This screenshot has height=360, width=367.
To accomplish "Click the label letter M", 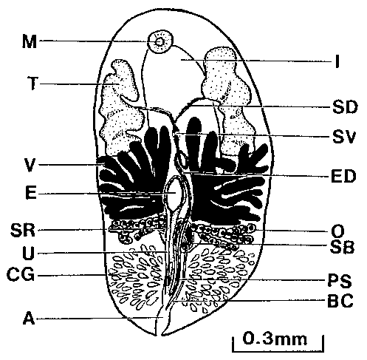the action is tap(30, 41).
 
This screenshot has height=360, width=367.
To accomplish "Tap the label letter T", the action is tap(32, 84).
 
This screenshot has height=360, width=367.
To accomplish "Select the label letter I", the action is tap(337, 61).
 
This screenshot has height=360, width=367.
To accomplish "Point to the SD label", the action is tap(345, 107).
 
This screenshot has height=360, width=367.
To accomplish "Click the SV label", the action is tap(344, 137).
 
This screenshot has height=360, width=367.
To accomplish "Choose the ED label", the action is tap(343, 176).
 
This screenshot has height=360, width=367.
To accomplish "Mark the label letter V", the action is tap(30, 165).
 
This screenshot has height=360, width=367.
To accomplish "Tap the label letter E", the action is tap(31, 193).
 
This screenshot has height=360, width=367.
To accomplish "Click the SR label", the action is tap(23, 231).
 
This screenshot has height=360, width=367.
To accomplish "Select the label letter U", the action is tap(28, 253).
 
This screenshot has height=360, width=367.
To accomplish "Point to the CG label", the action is tap(21, 275).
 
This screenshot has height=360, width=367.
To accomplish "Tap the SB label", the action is tap(342, 247).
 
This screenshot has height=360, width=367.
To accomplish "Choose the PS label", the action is tap(340, 281).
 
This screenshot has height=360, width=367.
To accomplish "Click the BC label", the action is tap(340, 300).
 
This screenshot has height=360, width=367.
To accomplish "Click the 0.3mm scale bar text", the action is tap(275, 339).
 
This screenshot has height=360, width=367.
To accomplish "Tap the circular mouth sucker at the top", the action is tap(160, 41).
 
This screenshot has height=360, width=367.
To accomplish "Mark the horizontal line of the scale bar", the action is tap(278, 350).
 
